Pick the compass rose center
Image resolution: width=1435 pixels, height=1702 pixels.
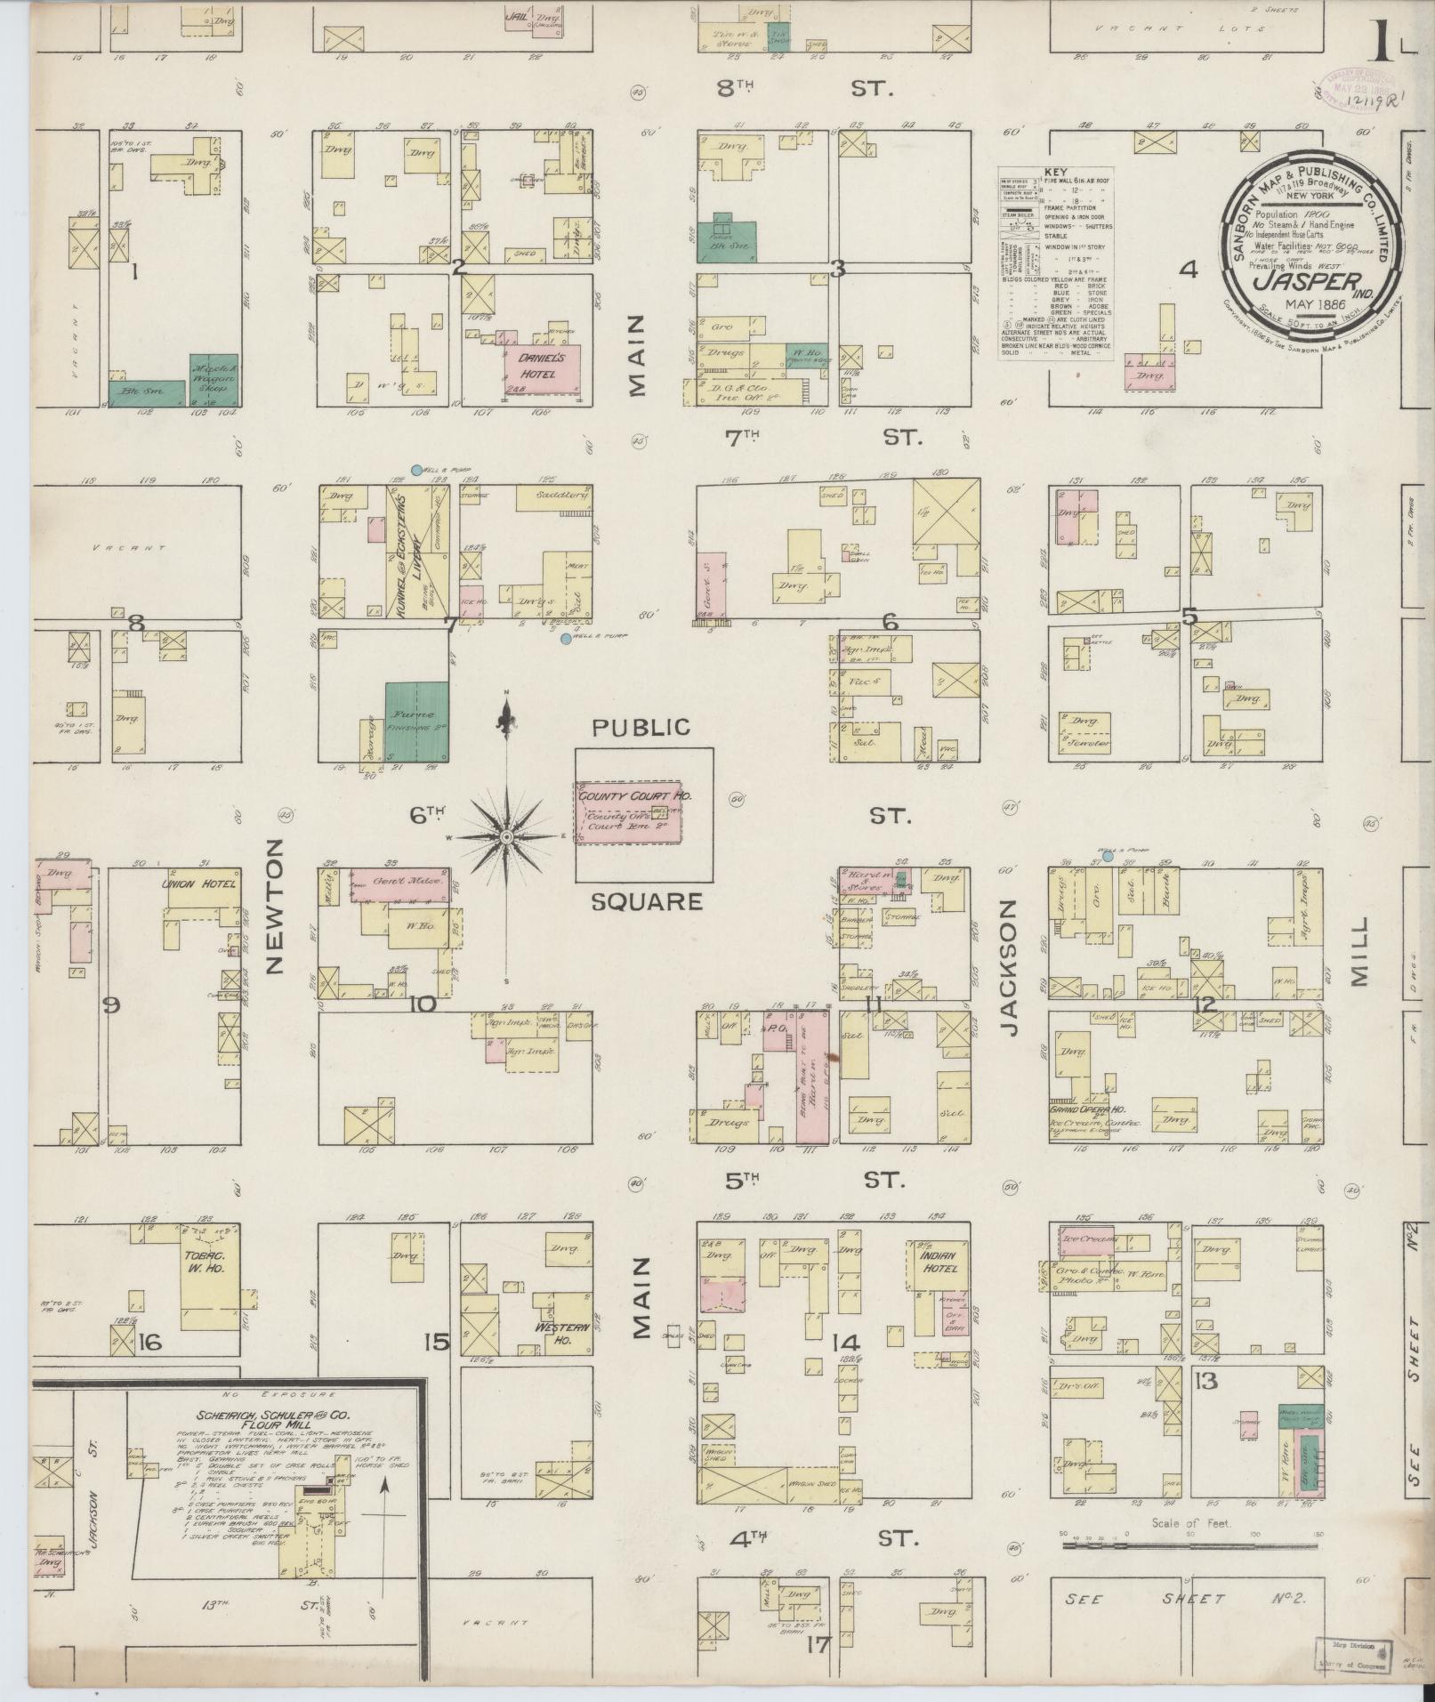505,837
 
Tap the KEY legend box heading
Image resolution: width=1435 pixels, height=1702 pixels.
1056,172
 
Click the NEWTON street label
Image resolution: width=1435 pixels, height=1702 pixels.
273,906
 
